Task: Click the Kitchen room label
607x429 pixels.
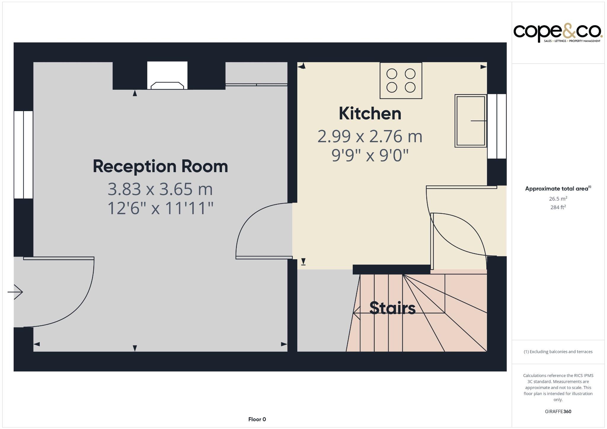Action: point(370,114)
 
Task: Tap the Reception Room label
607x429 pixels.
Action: point(160,167)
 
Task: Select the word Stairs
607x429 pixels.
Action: point(392,308)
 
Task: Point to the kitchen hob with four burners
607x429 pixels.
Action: point(401,80)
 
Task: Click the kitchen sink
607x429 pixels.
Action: point(470,121)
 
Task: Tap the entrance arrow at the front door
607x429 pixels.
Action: point(15,292)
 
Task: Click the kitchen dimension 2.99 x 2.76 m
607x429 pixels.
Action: point(370,137)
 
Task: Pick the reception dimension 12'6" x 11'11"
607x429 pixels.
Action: point(160,208)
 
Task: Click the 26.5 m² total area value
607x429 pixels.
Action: point(558,199)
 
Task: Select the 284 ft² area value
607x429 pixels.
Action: point(558,207)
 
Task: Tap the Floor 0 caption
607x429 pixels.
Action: point(257,419)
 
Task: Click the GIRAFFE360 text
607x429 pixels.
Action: point(558,412)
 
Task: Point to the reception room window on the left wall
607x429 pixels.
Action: point(23,155)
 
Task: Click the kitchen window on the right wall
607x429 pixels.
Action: point(497,126)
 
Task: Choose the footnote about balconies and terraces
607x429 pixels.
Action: point(558,352)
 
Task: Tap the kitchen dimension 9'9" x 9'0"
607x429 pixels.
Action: point(370,156)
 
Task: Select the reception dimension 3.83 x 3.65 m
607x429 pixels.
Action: point(160,189)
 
